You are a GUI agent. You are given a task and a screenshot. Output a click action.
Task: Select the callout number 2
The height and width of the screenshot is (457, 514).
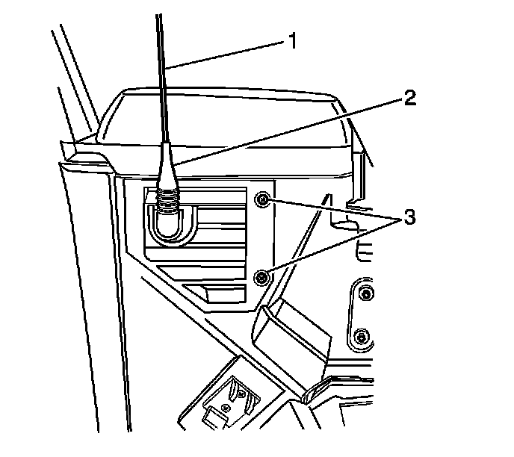pos(409,99)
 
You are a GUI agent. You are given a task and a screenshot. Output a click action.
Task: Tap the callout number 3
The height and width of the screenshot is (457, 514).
pos(409,218)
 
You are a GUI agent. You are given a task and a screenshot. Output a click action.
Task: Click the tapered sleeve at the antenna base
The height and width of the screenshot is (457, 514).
pos(166,168)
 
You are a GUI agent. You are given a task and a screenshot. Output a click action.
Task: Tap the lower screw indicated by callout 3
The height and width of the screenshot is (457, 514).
pos(261,278)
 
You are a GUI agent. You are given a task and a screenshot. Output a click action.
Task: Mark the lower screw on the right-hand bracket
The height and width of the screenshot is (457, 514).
pos(361,337)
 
